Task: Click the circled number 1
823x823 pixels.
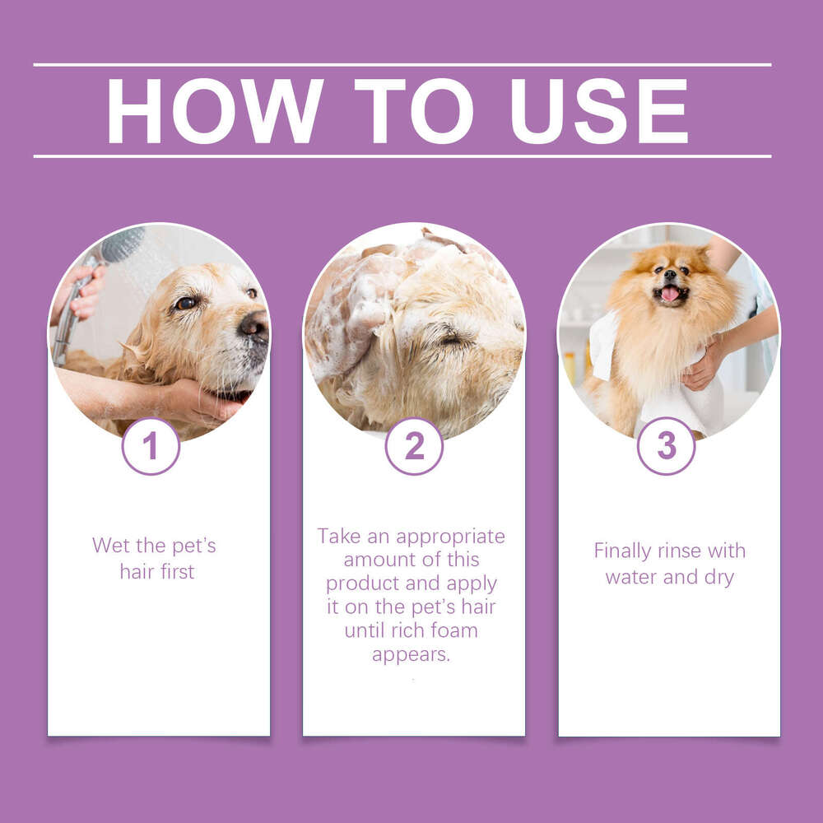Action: click(151, 446)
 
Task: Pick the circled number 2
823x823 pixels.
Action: click(414, 446)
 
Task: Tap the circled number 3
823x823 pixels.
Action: click(666, 446)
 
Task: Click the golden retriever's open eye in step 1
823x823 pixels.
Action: click(185, 303)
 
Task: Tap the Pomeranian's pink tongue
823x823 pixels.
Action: click(671, 294)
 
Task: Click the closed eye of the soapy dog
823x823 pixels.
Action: click(451, 338)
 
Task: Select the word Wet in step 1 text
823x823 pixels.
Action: click(110, 545)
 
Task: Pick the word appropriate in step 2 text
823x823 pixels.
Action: click(450, 536)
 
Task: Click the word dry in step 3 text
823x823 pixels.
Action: click(718, 577)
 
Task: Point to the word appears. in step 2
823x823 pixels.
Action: click(411, 655)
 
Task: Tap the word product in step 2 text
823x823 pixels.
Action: click(362, 584)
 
